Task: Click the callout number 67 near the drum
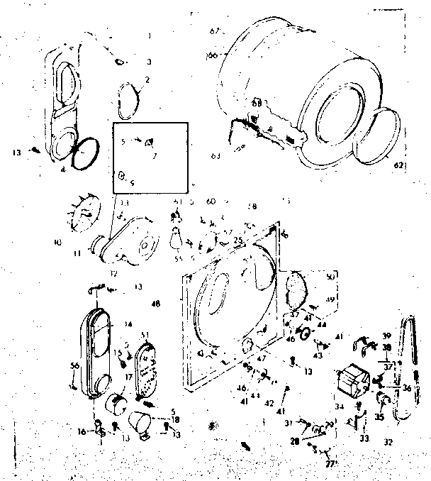tap(217, 31)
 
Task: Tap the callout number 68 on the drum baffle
tap(256, 104)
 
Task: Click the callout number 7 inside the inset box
tap(155, 154)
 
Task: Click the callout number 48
tap(155, 304)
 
